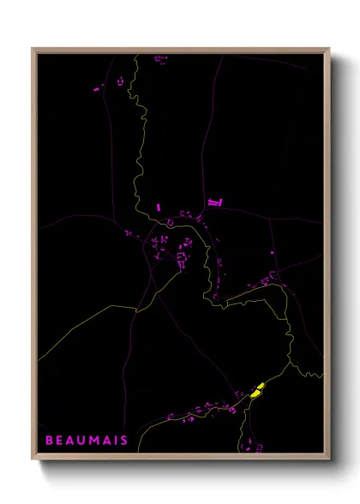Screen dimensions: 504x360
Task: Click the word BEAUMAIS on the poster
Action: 87,441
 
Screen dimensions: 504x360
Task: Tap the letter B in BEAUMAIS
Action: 49,441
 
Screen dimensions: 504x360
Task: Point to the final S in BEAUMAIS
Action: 124,441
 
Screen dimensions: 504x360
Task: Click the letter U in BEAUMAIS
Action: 81,441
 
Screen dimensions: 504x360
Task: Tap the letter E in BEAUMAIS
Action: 59,441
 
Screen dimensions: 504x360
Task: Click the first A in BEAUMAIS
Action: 70,441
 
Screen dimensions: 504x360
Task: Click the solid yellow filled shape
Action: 257,391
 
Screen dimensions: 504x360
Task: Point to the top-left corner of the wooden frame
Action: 33,49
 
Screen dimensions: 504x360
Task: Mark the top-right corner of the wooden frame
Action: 330,49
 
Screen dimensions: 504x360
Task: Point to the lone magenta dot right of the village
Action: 273,252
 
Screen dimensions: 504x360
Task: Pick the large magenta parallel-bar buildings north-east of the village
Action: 215,202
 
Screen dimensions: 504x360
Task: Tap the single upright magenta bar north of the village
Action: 159,207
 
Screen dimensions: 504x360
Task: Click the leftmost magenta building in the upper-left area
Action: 97,87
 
